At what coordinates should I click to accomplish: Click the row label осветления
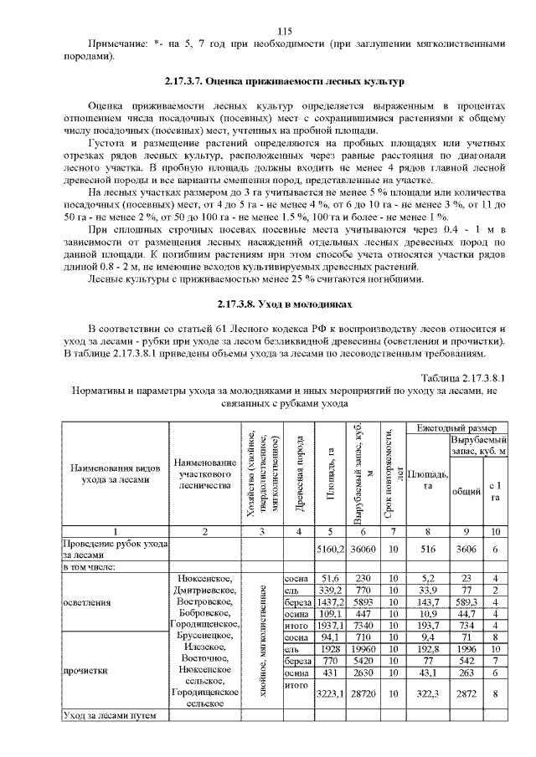pos(87,601)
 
